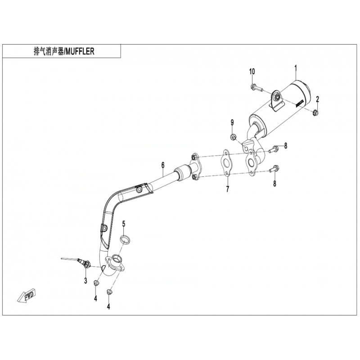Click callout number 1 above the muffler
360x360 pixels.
296,68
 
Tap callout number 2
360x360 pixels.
317,99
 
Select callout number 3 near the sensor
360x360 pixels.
85,281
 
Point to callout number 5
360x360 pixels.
124,223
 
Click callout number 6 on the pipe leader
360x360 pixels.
163,165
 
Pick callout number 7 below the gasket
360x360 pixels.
228,189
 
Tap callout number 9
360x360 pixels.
232,122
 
